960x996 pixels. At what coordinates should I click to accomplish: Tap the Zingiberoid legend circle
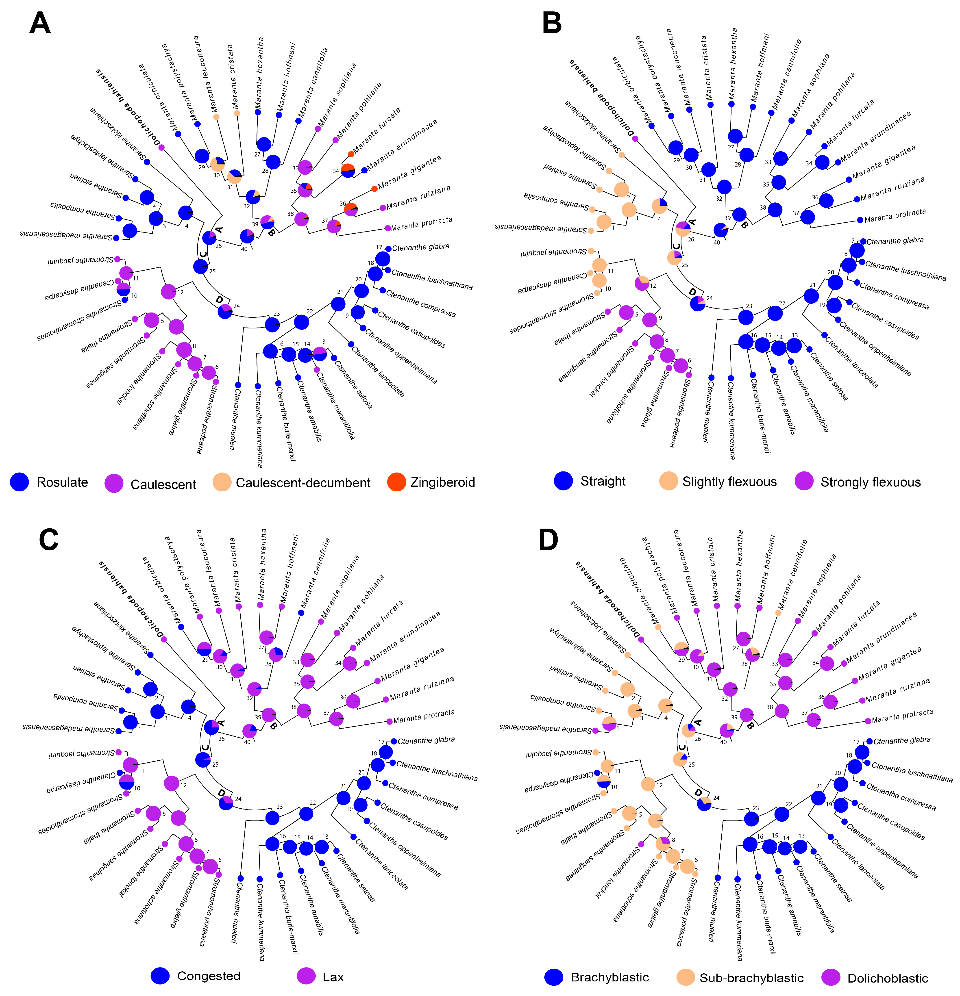coord(396,482)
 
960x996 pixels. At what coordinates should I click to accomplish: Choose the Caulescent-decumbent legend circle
coord(222,482)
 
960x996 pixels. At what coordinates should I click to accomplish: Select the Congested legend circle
coord(160,976)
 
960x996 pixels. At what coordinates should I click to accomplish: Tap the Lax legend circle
coord(306,976)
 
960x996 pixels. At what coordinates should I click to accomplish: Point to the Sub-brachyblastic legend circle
coord(686,977)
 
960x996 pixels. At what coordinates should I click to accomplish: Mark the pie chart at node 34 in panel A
coord(348,171)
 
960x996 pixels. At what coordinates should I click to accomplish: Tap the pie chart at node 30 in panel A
coord(218,164)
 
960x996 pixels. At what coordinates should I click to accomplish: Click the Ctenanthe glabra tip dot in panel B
coord(863,241)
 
